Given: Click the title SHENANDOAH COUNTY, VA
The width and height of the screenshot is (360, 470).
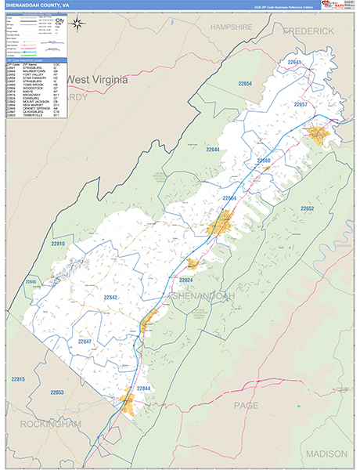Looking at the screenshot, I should pyautogui.click(x=36, y=5).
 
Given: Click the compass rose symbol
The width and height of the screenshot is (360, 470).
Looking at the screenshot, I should pyautogui.click(x=78, y=23).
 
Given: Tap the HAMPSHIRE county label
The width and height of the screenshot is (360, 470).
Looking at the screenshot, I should pyautogui.click(x=230, y=27).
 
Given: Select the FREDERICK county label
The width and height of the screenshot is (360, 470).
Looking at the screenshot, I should pyautogui.click(x=308, y=31).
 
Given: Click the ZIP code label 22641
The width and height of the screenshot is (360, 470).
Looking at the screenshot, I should pyautogui.click(x=294, y=61).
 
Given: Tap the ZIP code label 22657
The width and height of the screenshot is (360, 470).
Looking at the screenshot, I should pyautogui.click(x=301, y=104).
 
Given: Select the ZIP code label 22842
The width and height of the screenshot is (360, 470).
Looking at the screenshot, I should pyautogui.click(x=110, y=298).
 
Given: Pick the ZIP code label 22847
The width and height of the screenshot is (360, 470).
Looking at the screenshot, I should pyautogui.click(x=85, y=342).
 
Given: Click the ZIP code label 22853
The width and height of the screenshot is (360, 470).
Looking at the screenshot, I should pyautogui.click(x=59, y=392).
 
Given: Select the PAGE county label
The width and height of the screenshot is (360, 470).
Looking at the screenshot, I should pyautogui.click(x=247, y=405).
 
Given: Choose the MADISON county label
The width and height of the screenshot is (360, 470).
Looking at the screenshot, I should pyautogui.click(x=326, y=454).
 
